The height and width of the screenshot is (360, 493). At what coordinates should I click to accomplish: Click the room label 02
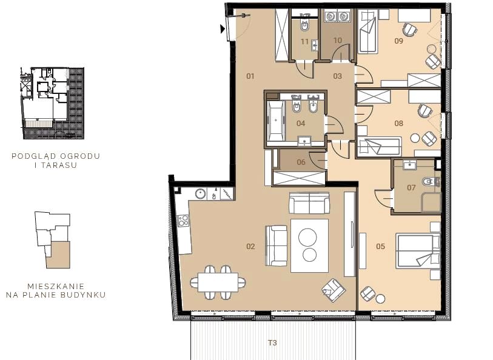[250, 246]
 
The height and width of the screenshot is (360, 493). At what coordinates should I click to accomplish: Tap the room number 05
[380, 246]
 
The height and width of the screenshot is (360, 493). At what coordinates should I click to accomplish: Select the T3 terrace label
[272, 342]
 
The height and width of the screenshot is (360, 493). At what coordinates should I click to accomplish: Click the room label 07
[411, 187]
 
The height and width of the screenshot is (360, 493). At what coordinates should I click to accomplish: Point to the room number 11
[304, 41]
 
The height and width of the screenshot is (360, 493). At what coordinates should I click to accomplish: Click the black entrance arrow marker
[223, 29]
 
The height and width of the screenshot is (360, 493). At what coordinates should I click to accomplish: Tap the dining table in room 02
[218, 282]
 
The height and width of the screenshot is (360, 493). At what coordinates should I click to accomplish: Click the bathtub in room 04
[276, 121]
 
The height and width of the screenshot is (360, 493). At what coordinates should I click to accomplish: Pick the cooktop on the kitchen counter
[183, 220]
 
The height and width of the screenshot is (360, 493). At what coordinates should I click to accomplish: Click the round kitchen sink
[200, 194]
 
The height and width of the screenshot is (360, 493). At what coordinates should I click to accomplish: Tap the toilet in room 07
[429, 182]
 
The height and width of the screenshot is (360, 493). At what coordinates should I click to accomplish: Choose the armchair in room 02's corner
[334, 290]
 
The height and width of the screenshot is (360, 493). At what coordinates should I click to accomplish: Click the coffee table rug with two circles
[309, 245]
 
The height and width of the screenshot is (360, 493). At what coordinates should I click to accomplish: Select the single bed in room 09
[368, 31]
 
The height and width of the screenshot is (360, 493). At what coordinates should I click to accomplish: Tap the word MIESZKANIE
[56, 287]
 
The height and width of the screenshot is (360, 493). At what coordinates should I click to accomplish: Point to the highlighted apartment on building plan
[58, 255]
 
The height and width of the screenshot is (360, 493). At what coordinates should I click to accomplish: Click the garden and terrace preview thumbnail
[52, 103]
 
